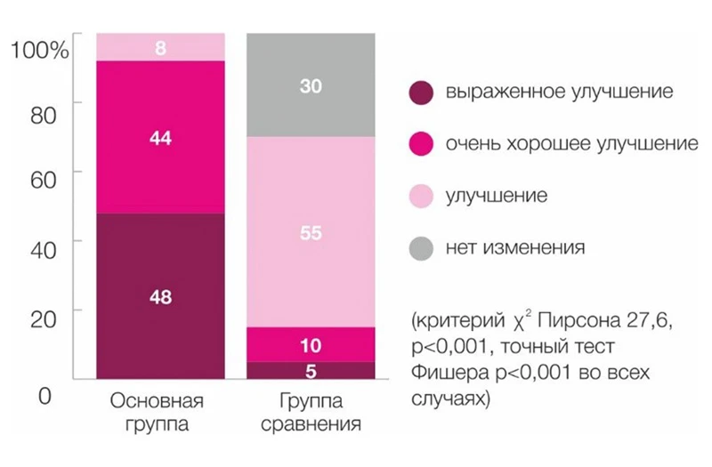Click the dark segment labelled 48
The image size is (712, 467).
[160, 298]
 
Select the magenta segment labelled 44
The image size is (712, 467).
[160, 138]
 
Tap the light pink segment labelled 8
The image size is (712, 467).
[160, 47]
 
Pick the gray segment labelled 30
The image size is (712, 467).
[311, 86]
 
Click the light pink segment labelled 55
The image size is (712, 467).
[311, 233]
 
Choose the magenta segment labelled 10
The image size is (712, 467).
[311, 344]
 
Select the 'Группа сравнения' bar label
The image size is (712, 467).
[311, 411]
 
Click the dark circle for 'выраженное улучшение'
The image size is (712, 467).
[420, 92]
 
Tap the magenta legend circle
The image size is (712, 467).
[420, 143]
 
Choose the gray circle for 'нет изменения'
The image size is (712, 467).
[420, 247]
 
